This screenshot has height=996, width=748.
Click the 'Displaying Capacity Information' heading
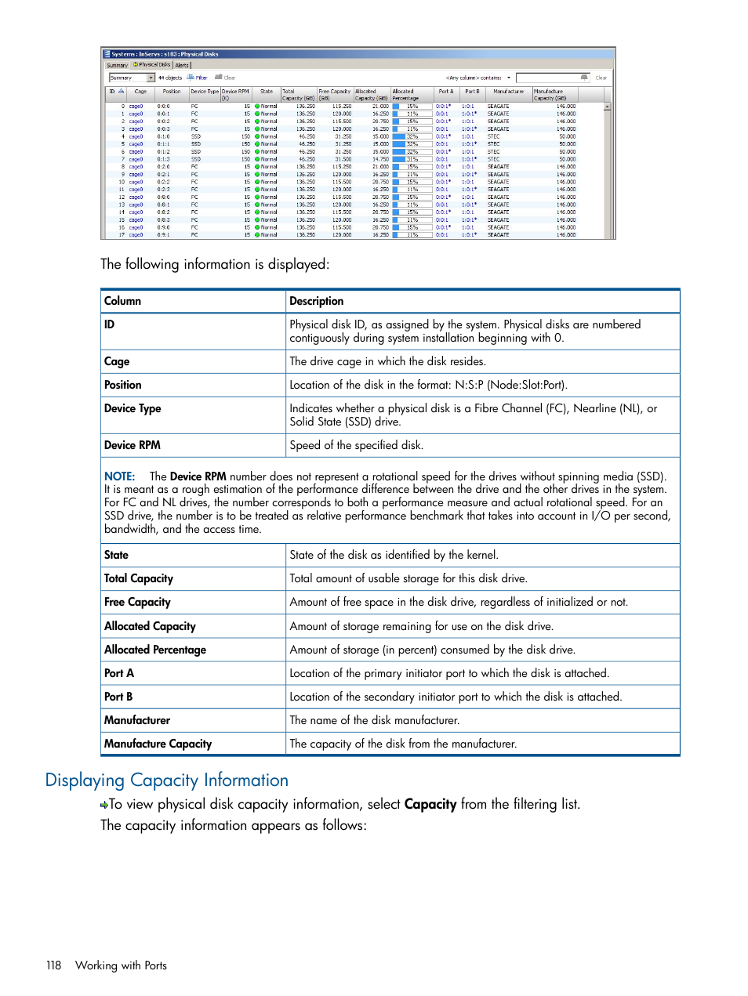tap(166, 781)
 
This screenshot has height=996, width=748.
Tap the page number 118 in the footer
tap(53, 965)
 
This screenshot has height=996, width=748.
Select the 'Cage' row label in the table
tap(117, 361)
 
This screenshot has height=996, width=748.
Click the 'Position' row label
tap(123, 385)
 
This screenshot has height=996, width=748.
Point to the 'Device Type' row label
tap(133, 408)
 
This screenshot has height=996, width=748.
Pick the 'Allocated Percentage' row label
tap(155, 650)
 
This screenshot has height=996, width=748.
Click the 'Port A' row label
tap(119, 673)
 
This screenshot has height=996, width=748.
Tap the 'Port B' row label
tap(118, 697)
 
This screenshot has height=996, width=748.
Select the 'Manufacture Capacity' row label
tap(158, 744)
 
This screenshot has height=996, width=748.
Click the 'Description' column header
tap(316, 301)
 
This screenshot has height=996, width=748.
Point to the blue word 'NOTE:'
tap(119, 476)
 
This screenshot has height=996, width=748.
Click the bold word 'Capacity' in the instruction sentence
tap(430, 804)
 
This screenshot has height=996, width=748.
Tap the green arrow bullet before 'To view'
tap(103, 805)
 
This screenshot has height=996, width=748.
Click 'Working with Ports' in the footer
tap(121, 965)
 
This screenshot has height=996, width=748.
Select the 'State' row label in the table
tap(116, 555)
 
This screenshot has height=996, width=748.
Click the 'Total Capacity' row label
tap(139, 578)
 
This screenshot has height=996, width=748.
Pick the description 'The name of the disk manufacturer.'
tap(374, 720)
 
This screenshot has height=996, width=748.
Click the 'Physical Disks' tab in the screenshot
tap(154, 65)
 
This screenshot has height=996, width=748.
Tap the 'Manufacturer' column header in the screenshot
tap(508, 92)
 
